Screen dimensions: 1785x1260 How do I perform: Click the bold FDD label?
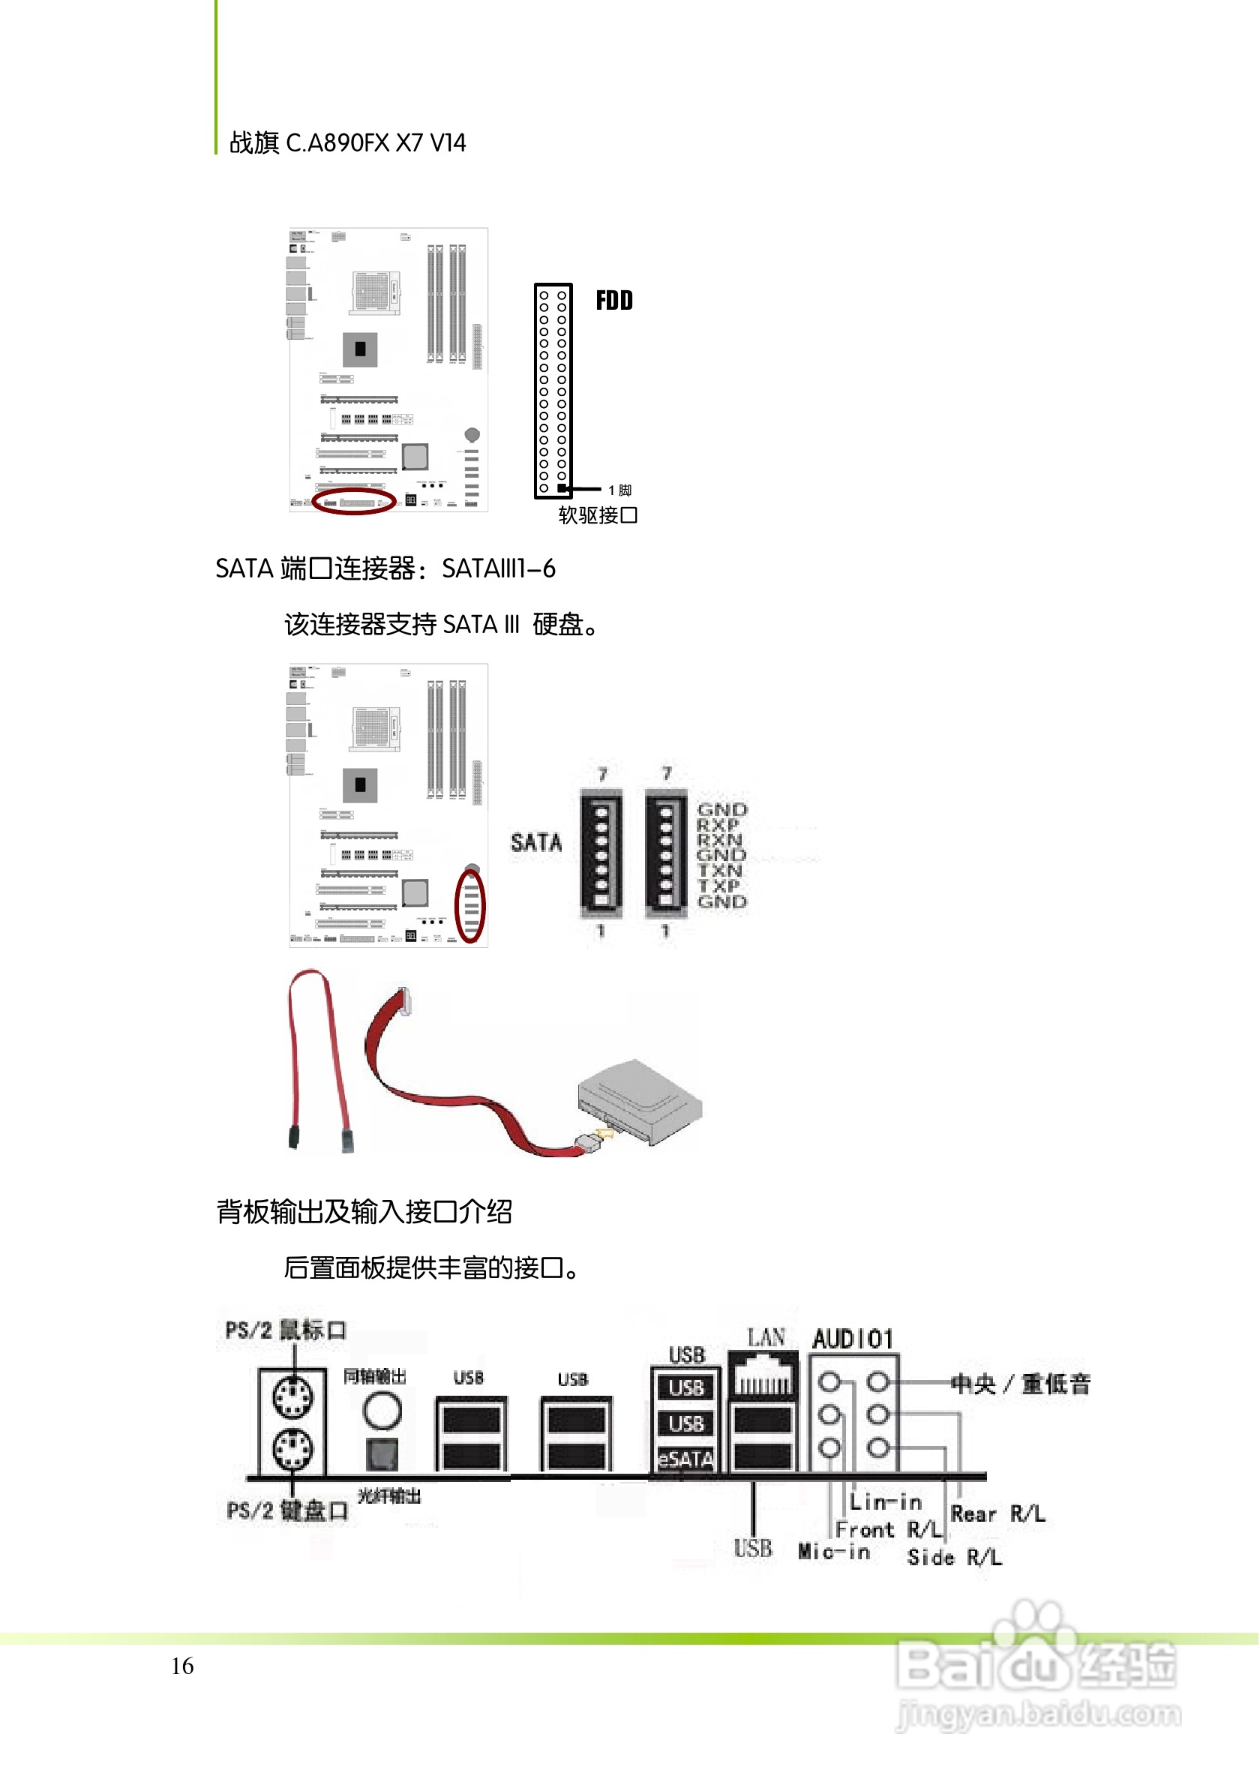click(x=614, y=301)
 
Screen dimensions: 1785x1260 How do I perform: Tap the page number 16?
click(x=183, y=1666)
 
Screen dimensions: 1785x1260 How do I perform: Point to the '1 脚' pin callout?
click(x=620, y=490)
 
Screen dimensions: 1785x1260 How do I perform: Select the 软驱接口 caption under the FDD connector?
click(x=598, y=515)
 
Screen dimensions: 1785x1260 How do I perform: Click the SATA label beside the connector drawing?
click(x=536, y=843)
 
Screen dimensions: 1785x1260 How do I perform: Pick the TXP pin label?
click(x=719, y=886)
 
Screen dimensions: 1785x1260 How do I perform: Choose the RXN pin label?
click(x=719, y=841)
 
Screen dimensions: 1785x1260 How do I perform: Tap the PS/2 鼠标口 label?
click(x=286, y=1331)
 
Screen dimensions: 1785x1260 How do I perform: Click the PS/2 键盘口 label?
click(x=287, y=1511)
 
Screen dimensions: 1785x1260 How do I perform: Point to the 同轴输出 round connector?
click(x=382, y=1410)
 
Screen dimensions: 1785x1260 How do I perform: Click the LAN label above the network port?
click(x=766, y=1338)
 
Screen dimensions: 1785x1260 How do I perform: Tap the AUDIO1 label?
click(x=853, y=1339)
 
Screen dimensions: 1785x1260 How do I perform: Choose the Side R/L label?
click(x=955, y=1558)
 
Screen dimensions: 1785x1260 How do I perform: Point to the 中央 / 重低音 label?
click(x=1021, y=1384)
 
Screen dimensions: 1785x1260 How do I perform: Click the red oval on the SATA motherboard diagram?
click(x=470, y=907)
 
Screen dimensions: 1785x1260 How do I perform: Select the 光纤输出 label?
click(x=389, y=1496)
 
